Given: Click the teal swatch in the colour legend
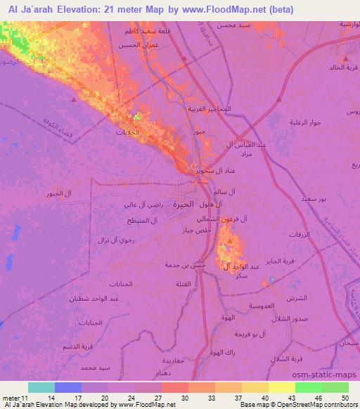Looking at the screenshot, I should tap(41, 387).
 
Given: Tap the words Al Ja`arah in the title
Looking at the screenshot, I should tap(31, 9).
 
